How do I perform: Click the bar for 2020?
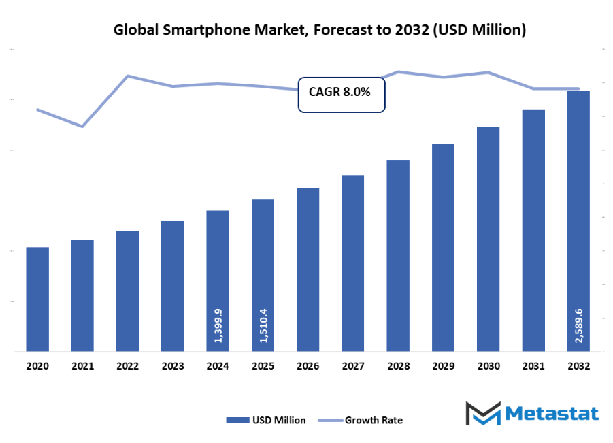tap(37, 299)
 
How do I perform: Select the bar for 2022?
tap(127, 291)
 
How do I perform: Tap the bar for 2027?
tap(353, 263)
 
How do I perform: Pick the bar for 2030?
tap(488, 239)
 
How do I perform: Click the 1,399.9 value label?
tap(218, 325)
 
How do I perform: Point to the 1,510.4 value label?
tap(263, 325)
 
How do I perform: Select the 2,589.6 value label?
tap(578, 325)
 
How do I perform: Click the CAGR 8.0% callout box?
tap(342, 93)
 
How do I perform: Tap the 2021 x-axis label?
tap(82, 366)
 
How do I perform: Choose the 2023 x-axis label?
tap(173, 366)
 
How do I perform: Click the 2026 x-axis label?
tap(308, 366)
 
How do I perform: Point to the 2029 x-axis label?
tap(443, 366)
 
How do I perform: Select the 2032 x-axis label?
tap(578, 366)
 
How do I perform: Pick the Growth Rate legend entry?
tap(364, 420)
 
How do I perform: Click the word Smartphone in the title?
tap(197, 30)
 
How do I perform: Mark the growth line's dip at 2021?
tap(82, 127)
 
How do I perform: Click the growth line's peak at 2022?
tap(128, 76)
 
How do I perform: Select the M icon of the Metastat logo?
tap(483, 414)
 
